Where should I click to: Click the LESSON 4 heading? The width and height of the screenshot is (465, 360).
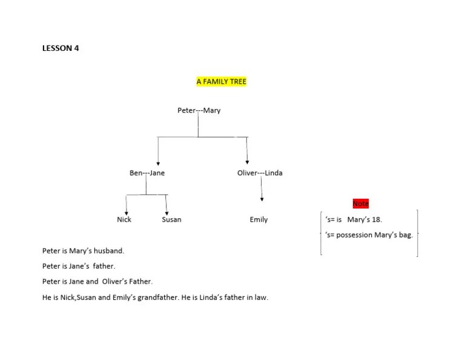[x=61, y=48]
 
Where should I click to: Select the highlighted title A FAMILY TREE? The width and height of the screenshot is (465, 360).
[x=222, y=81]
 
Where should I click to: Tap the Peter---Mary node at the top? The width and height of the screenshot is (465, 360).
[x=199, y=110]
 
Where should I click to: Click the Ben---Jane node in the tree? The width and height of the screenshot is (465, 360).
[x=147, y=173]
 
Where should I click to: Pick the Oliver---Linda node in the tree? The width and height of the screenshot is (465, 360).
[x=260, y=173]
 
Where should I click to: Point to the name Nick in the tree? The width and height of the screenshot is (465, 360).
[x=124, y=219]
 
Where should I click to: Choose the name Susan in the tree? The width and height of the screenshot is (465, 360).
[x=171, y=219]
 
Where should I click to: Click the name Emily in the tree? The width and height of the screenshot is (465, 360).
[x=259, y=219]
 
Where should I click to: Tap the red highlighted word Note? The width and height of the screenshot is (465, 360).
[x=360, y=204]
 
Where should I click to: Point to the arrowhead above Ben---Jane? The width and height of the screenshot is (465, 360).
[x=158, y=162]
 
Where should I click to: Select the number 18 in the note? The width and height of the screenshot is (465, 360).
[x=377, y=219]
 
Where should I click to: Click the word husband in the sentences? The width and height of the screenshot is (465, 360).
[x=110, y=250]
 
